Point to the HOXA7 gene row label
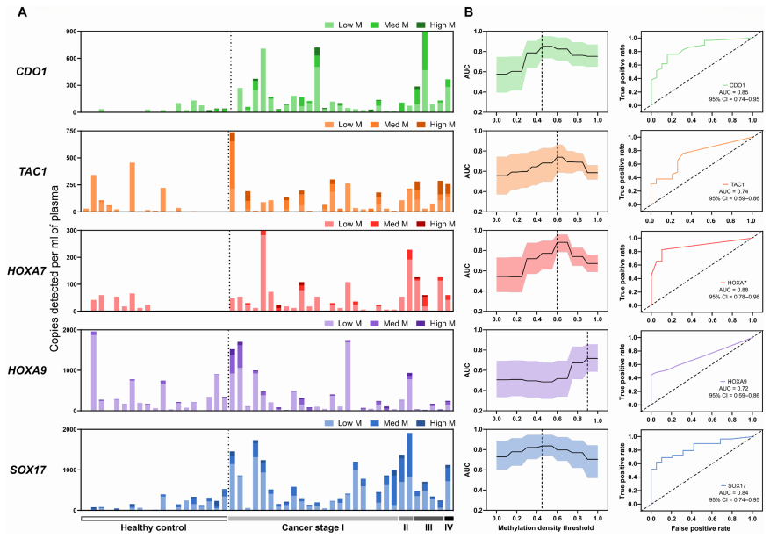[32, 269]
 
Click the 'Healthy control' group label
[154, 528]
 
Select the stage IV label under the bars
[449, 528]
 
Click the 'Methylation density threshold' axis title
[546, 528]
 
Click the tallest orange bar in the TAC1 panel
[232, 171]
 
